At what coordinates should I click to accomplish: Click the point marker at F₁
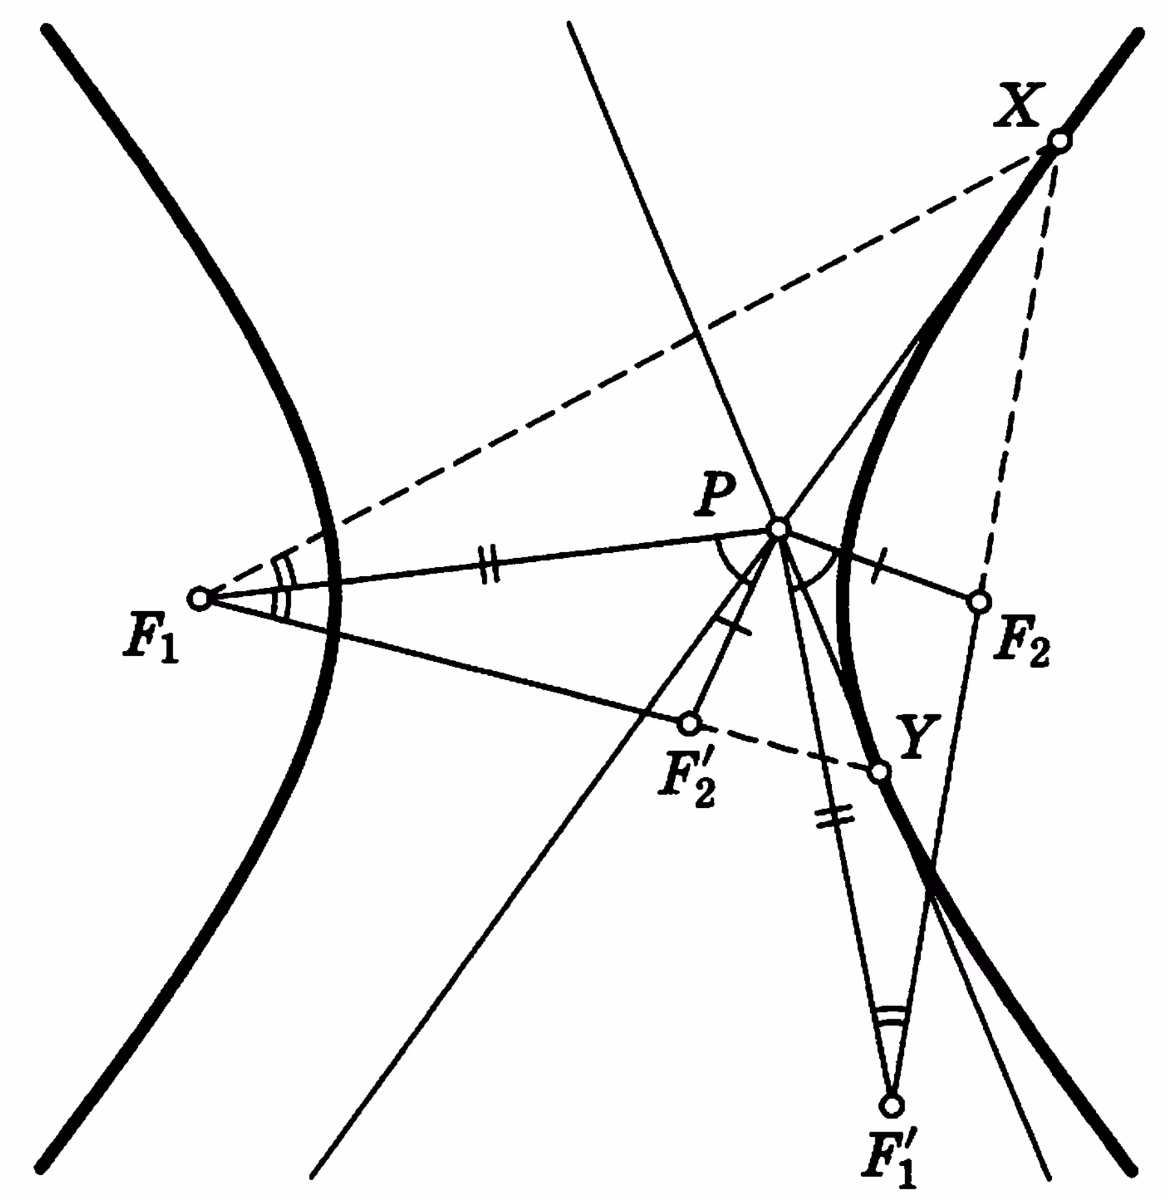[x=200, y=598]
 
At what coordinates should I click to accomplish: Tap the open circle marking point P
[x=778, y=528]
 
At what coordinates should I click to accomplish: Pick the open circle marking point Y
[x=879, y=771]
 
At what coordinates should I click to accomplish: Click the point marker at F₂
[x=979, y=601]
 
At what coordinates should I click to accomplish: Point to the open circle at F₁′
[x=892, y=1104]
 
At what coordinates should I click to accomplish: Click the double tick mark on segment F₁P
[x=489, y=564]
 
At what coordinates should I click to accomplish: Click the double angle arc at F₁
[x=280, y=585]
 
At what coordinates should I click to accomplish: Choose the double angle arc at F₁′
[x=889, y=1013]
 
